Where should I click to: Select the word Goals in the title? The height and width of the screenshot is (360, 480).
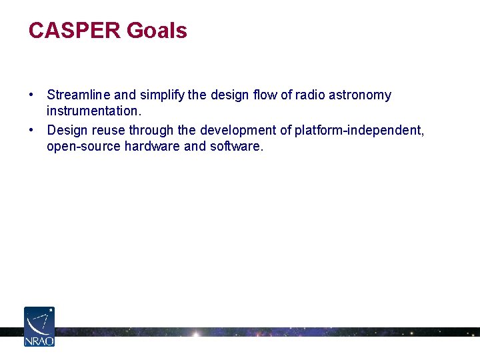pyautogui.click(x=157, y=31)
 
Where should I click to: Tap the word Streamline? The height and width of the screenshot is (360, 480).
pyautogui.click(x=73, y=95)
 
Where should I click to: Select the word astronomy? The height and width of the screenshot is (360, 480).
pyautogui.click(x=360, y=95)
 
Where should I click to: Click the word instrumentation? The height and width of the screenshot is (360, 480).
pyautogui.click(x=93, y=111)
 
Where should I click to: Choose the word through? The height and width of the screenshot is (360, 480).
pyautogui.click(x=152, y=130)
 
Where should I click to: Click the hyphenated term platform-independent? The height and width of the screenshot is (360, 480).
pyautogui.click(x=358, y=130)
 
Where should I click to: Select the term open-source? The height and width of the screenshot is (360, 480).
pyautogui.click(x=83, y=146)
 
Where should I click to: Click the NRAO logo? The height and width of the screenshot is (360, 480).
pyautogui.click(x=39, y=326)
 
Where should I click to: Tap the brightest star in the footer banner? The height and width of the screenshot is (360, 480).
pyautogui.click(x=196, y=332)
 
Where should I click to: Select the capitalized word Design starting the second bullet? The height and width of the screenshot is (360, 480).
pyautogui.click(x=67, y=130)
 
